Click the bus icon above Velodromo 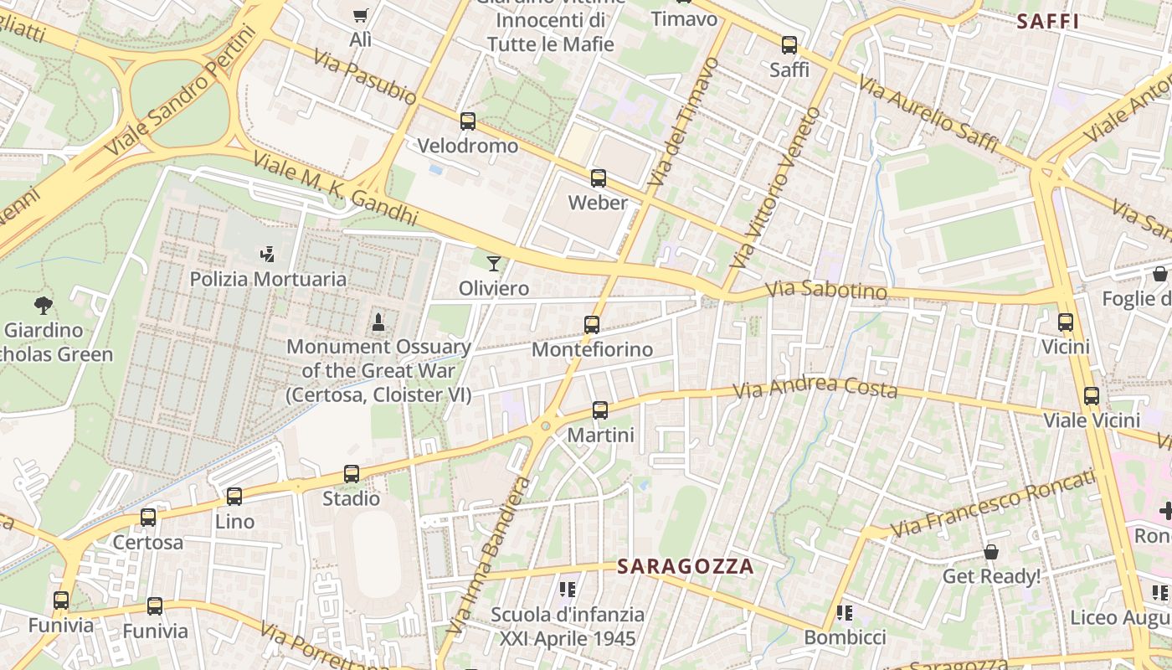point(468,121)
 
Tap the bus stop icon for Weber point(598,178)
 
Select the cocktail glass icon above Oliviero point(494,264)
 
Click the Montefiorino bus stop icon point(592,325)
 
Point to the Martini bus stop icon point(600,410)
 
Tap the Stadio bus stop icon point(352,474)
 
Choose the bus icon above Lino point(234,497)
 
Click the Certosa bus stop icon point(148,518)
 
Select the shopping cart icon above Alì point(360,14)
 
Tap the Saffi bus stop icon point(789,45)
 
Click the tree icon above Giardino point(43,305)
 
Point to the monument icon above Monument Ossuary point(378,322)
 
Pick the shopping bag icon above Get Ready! point(991,552)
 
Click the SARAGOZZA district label point(686,567)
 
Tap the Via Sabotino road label point(826,290)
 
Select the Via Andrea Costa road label point(815,389)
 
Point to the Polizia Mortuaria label point(268,279)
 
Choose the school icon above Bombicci point(844,613)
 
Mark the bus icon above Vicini point(1066,322)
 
